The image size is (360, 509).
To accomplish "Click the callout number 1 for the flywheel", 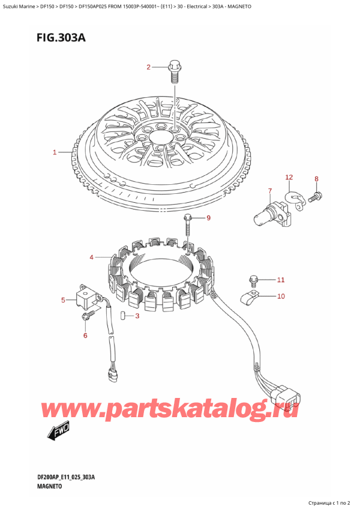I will click(x=55, y=152).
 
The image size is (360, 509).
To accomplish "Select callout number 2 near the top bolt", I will click(x=149, y=67).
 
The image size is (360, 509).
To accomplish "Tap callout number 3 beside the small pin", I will click(x=137, y=316).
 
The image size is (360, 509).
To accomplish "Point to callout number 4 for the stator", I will click(x=92, y=258).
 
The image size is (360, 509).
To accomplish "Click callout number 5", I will click(x=63, y=300).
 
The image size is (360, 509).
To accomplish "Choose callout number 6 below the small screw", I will click(x=85, y=335).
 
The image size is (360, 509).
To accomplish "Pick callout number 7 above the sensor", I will click(x=269, y=191).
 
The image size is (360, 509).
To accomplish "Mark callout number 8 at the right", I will click(x=317, y=178).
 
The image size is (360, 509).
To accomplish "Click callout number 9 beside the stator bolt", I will click(x=209, y=218).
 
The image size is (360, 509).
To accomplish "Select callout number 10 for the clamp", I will click(x=280, y=296).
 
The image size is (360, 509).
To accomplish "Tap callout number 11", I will click(x=280, y=280).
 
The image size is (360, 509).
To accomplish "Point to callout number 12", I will click(x=289, y=177).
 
